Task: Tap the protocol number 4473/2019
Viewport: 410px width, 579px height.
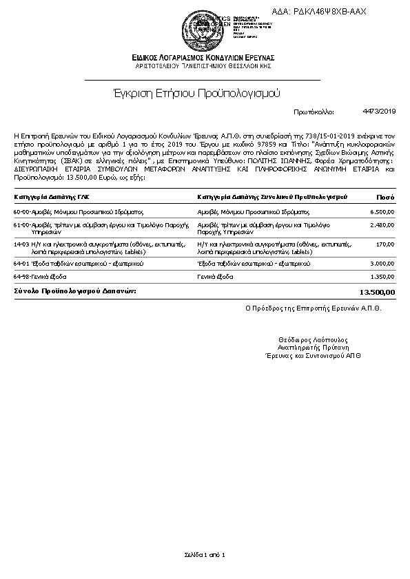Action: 379,111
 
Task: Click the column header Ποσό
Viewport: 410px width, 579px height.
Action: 385,197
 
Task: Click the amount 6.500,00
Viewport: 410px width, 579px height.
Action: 382,212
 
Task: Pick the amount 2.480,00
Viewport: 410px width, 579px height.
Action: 382,225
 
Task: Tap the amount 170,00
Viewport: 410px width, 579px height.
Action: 386,244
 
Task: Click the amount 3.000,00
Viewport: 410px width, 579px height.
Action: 382,263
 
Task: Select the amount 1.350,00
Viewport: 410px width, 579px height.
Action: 382,276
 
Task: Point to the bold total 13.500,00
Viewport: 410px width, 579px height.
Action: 378,292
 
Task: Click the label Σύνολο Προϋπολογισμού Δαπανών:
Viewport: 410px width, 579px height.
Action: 75,291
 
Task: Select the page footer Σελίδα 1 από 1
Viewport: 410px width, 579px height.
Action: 205,554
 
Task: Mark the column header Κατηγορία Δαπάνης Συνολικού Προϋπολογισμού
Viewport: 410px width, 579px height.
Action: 271,197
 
